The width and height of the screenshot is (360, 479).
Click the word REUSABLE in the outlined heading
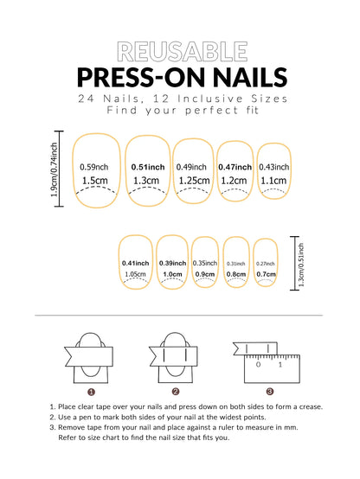click(180, 50)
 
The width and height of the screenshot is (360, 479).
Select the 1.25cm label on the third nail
click(192, 181)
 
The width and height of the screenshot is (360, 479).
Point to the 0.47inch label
click(235, 167)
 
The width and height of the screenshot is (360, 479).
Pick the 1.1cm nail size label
click(273, 181)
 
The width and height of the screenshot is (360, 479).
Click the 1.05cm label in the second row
click(135, 274)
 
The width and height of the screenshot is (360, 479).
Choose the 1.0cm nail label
click(172, 274)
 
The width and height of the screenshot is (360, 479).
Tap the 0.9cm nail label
click(205, 274)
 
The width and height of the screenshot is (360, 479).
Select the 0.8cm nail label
click(235, 274)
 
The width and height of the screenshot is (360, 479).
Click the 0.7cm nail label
click(266, 274)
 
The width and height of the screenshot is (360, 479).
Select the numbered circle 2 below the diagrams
click(175, 391)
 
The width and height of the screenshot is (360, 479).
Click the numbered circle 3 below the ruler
click(269, 391)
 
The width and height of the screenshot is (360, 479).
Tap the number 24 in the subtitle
click(87, 99)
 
